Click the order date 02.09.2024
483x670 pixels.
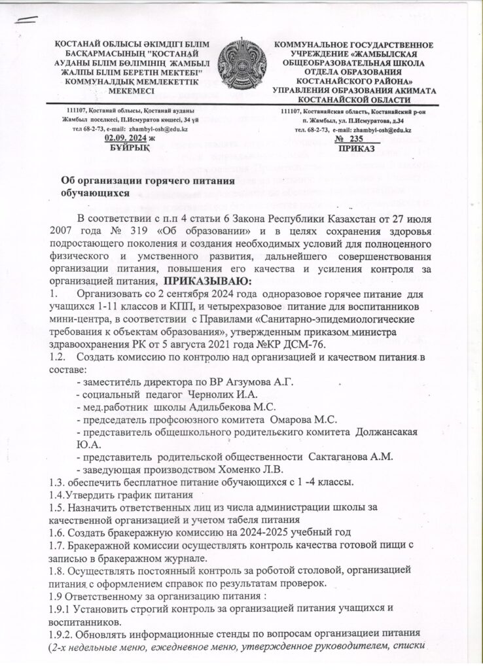pyautogui.click(x=122, y=138)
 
